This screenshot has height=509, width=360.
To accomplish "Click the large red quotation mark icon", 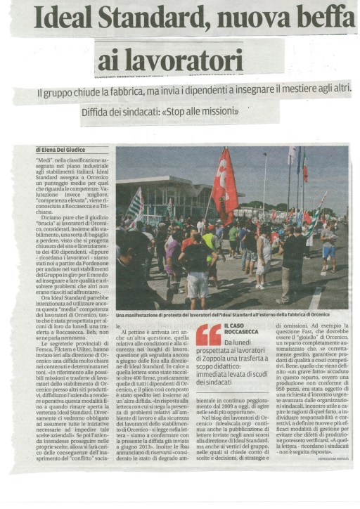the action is pyautogui.click(x=208, y=335).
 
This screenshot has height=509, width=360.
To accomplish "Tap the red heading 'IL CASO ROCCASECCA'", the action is pyautogui.click(x=243, y=329).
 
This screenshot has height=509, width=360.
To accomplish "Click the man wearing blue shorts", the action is pyautogui.click(x=328, y=246).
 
